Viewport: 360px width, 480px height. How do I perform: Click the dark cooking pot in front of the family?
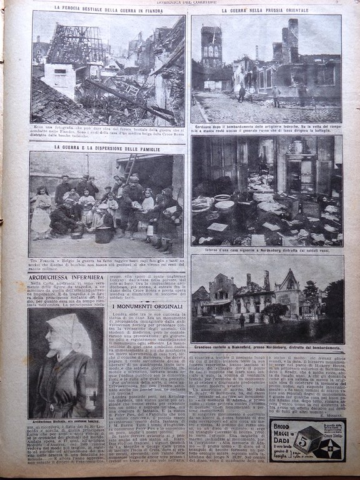click(104, 234)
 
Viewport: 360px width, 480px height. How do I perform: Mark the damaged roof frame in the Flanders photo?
click(72, 44)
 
